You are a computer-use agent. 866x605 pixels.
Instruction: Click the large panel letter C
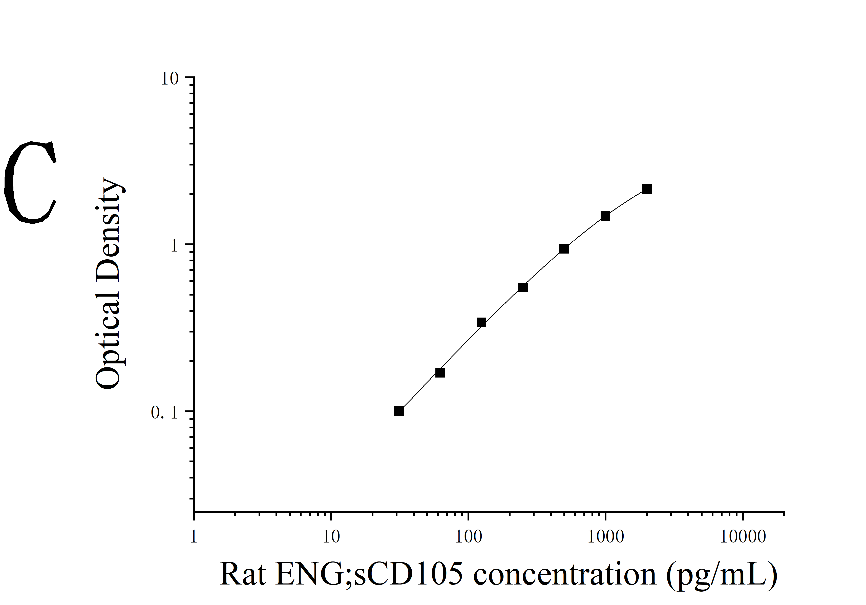pos(31,182)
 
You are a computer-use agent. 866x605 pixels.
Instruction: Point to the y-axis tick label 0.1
pos(164,413)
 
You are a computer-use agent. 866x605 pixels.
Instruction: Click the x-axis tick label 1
pos(194,537)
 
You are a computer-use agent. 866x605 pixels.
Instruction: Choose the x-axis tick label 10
pos(331,537)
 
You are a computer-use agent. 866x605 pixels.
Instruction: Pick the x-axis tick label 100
pos(469,537)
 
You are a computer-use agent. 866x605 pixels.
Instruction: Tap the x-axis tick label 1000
pos(605,537)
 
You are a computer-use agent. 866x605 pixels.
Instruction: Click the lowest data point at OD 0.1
pos(399,411)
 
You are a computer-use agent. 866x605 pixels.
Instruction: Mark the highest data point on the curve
pos(647,189)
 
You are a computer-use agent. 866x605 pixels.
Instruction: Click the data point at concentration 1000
pos(605,216)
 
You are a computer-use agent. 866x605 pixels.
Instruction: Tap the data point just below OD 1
pos(564,248)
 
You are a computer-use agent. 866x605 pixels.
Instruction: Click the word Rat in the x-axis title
pos(243,574)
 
